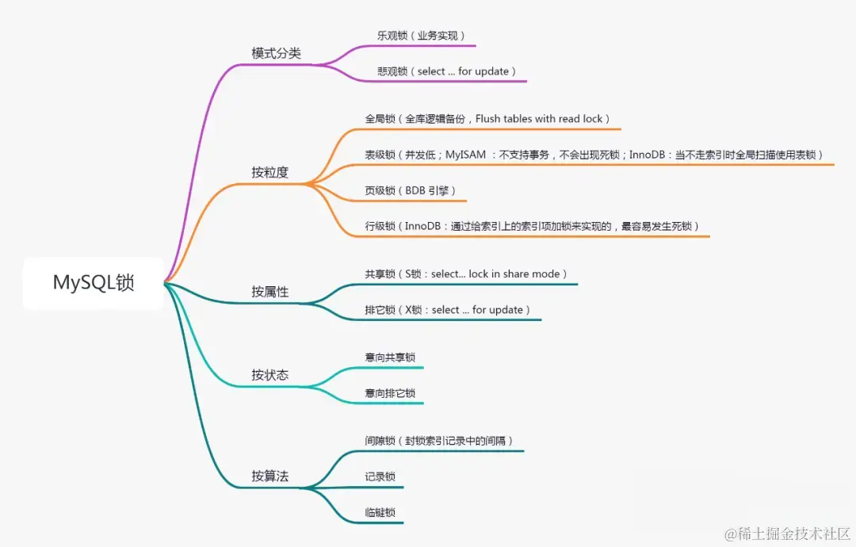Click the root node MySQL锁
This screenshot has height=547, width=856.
click(94, 283)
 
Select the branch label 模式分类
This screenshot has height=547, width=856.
click(276, 54)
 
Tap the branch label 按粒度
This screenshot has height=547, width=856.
click(270, 173)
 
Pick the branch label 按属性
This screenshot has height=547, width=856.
click(270, 292)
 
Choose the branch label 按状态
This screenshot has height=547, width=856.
click(270, 375)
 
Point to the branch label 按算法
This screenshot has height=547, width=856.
click(270, 476)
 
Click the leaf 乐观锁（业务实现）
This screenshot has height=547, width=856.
click(421, 36)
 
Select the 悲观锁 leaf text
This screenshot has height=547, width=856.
click(447, 71)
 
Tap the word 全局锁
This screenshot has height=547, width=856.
click(380, 119)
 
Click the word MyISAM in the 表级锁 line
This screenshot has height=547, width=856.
click(465, 155)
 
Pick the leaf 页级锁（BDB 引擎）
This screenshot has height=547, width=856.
click(410, 190)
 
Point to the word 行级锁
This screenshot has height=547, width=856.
click(380, 226)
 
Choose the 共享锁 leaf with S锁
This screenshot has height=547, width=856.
click(466, 274)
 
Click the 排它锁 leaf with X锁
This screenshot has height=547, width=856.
click(447, 310)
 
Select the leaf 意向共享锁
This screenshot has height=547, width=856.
click(390, 358)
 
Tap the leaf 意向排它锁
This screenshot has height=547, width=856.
click(390, 393)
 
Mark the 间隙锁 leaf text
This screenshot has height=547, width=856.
click(439, 441)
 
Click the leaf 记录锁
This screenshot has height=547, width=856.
click(380, 477)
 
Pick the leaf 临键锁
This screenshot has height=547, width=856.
click(380, 513)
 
